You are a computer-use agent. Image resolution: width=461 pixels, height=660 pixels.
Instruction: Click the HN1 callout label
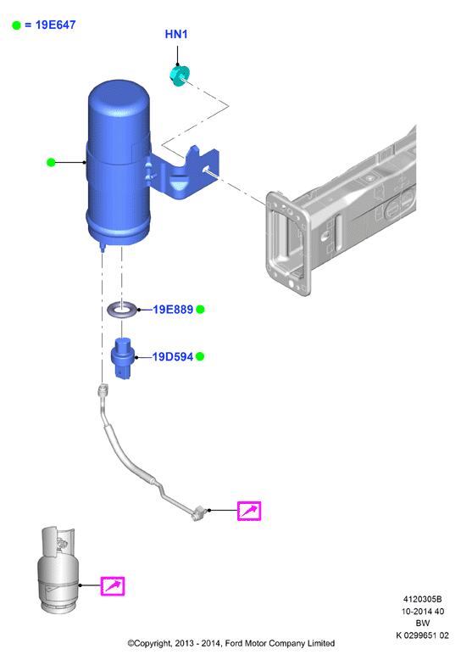click(175, 34)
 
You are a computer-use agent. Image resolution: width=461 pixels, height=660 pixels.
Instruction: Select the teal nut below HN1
click(180, 76)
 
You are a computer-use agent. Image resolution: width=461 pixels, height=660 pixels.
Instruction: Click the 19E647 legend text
click(56, 25)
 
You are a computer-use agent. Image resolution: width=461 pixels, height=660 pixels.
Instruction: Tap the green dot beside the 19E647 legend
click(16, 25)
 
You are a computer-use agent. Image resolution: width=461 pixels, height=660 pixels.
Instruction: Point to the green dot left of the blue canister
click(51, 162)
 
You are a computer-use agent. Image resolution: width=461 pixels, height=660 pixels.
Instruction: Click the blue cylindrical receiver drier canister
click(119, 165)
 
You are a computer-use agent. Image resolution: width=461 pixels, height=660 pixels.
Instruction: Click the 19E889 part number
click(173, 310)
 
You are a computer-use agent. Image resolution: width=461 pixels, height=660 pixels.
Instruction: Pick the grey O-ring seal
click(122, 310)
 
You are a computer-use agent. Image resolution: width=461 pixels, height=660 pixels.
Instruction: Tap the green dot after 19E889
click(200, 310)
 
